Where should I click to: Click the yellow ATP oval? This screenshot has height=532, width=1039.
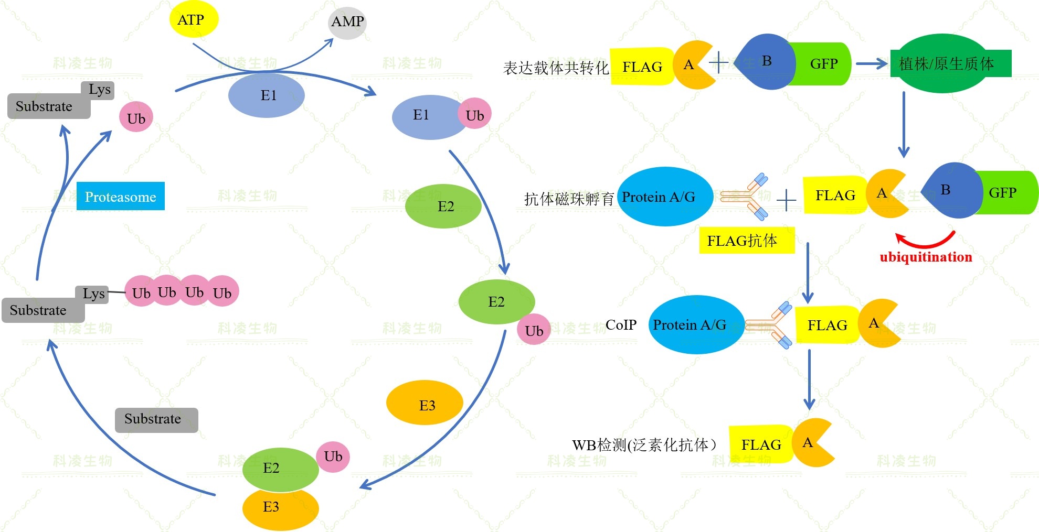[193, 20]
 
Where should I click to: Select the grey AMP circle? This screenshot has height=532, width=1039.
[347, 22]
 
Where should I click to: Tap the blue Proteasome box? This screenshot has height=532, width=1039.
[120, 197]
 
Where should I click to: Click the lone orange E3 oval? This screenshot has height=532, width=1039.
[425, 403]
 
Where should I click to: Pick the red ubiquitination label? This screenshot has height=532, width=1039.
[926, 257]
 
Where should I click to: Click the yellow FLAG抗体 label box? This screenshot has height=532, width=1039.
[746, 241]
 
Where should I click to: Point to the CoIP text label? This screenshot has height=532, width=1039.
[621, 325]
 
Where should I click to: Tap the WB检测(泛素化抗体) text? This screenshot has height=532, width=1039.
[644, 445]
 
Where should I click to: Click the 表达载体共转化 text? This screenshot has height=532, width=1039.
[555, 68]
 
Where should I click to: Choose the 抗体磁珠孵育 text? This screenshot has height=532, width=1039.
[569, 199]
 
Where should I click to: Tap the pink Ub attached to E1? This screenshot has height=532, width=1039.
[475, 115]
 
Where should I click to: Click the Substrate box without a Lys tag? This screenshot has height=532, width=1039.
[156, 420]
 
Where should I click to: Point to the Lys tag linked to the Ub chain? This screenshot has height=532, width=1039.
[93, 294]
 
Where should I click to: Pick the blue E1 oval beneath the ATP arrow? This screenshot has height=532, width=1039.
[267, 95]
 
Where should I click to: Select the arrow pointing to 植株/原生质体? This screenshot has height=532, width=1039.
[871, 64]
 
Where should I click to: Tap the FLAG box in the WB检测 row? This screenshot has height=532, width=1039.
[761, 444]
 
